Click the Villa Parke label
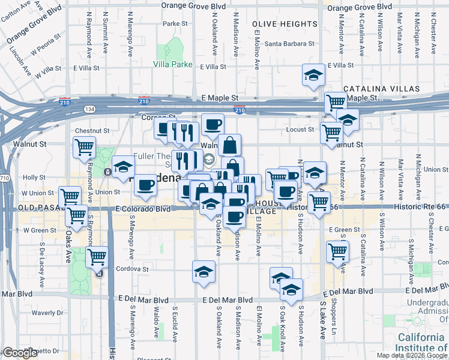pos(171,64)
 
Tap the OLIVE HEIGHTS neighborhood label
pos(285,24)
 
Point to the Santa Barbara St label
pos(290,44)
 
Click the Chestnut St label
pos(92,130)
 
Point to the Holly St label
pos(34,178)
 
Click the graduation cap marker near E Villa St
pos(313,75)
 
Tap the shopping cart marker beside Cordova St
pos(97,257)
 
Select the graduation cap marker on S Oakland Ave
pos(203,271)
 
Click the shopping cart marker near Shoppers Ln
pos(338,251)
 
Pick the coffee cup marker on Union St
pos(144,186)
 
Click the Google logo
pos(20,353)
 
